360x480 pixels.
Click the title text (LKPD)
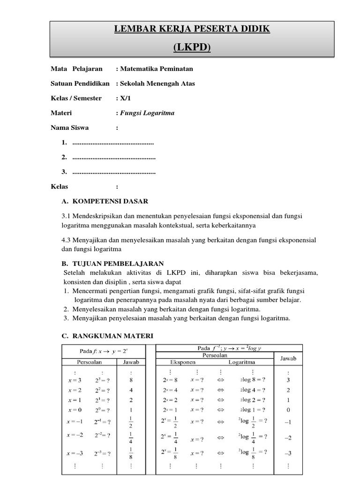[x=192, y=47]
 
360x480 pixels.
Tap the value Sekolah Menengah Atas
[x=157, y=83]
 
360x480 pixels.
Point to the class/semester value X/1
[x=124, y=98]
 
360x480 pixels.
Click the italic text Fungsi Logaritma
[x=147, y=113]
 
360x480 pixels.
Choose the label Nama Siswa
[x=69, y=127]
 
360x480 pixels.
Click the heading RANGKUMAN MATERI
[x=112, y=336]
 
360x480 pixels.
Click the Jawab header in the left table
[x=131, y=362]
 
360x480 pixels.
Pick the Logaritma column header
[x=242, y=362]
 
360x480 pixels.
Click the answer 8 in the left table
[x=131, y=380]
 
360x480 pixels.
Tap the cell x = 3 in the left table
[x=75, y=380]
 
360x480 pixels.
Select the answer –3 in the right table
[x=288, y=453]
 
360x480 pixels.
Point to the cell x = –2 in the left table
[x=75, y=435]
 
